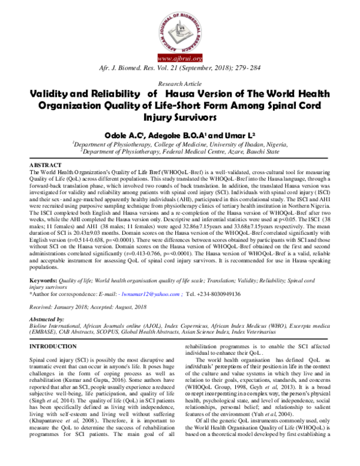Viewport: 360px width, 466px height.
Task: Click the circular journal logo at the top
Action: coord(179,28)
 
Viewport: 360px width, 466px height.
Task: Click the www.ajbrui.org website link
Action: coord(179,59)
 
